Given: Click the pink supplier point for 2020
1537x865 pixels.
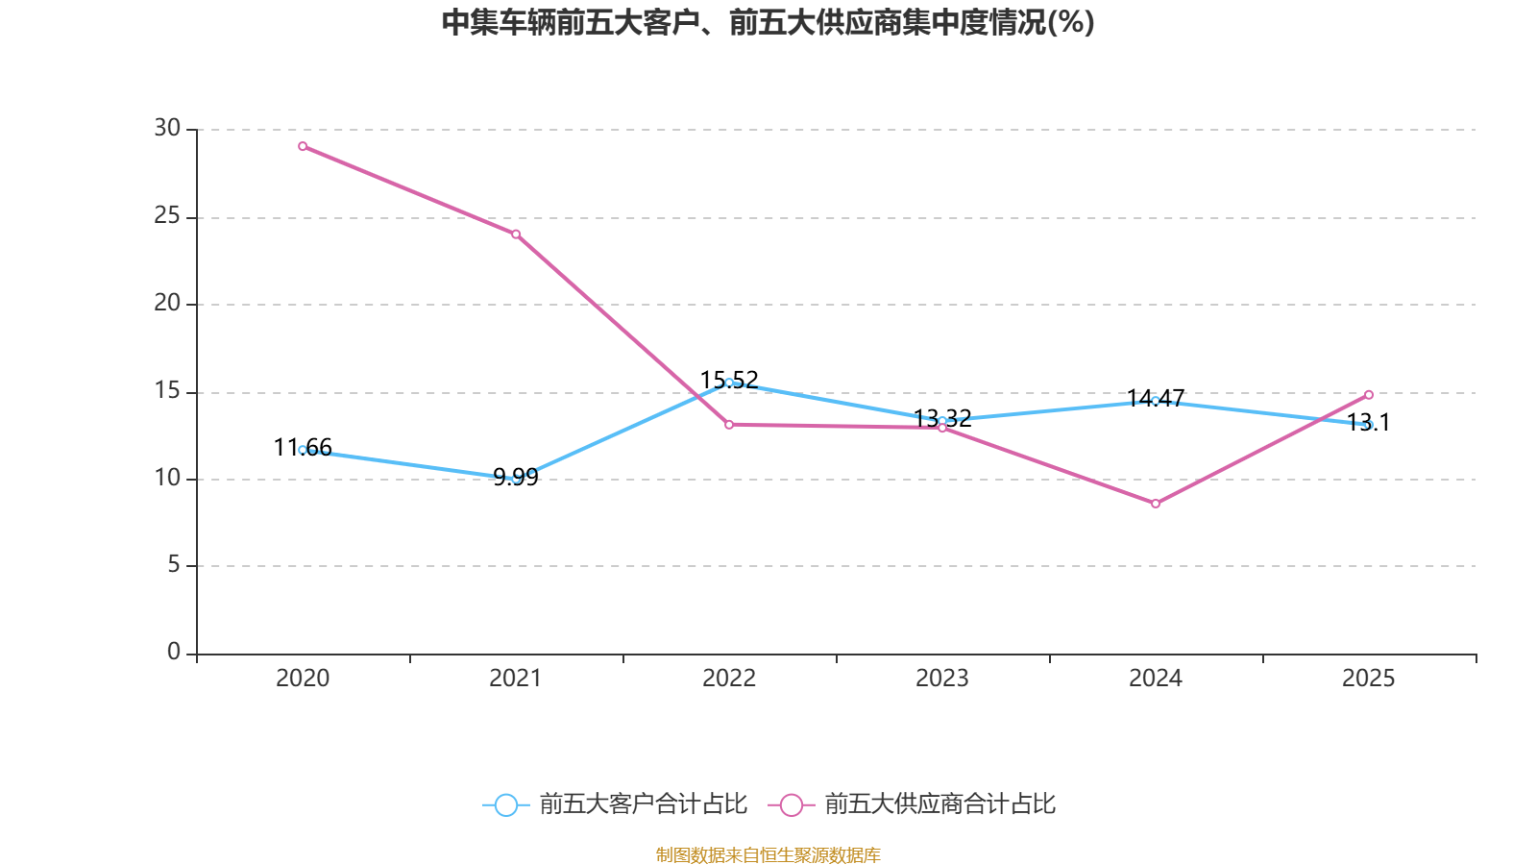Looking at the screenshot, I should tap(303, 146).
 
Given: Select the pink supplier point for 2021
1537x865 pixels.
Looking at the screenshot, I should tap(516, 235).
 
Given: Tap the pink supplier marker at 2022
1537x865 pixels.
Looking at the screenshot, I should tap(729, 424).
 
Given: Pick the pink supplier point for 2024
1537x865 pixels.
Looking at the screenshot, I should tap(1156, 504).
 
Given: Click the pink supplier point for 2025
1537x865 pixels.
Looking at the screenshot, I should tap(1369, 394).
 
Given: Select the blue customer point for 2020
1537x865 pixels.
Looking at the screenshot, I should tap(303, 450).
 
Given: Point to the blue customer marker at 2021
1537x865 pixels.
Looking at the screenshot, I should tap(516, 478).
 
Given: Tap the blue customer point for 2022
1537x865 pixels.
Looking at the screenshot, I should tap(729, 383).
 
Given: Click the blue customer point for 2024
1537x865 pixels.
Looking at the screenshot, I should tap(1156, 400).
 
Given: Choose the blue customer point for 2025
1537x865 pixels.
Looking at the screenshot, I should tap(1369, 425).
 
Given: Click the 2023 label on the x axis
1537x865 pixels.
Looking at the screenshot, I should tap(942, 679).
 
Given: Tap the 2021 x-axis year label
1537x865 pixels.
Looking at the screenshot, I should tap(516, 679).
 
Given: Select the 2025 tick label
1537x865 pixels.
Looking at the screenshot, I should tap(1369, 679).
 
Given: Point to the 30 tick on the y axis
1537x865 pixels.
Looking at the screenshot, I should tap(167, 128).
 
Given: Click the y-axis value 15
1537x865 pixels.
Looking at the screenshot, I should tap(167, 390).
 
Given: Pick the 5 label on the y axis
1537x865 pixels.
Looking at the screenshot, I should tap(174, 565).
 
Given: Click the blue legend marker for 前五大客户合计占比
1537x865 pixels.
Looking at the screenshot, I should tap(505, 805).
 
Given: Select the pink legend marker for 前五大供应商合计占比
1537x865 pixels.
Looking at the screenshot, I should tap(792, 805).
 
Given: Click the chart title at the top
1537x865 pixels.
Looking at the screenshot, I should tap(768, 22).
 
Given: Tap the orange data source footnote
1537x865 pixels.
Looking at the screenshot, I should tap(768, 854).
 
